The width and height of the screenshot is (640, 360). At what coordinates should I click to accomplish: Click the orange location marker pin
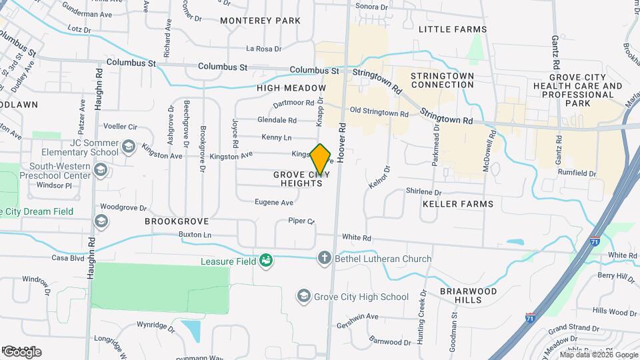321,158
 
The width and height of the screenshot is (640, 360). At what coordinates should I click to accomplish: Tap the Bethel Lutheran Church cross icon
325,258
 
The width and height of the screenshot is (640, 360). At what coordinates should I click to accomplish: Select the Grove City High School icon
304,296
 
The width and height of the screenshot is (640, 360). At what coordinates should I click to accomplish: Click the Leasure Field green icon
266,261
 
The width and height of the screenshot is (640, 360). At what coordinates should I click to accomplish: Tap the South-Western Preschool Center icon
100,171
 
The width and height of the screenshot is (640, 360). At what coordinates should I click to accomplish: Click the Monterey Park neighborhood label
260,21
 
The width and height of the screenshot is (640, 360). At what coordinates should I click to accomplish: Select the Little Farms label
453,29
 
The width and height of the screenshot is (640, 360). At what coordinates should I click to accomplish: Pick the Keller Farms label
458,204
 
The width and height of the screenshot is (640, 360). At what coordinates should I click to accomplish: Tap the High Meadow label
291,88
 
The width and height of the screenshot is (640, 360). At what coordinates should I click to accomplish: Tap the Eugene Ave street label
275,203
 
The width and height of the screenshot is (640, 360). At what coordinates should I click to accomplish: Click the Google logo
21,352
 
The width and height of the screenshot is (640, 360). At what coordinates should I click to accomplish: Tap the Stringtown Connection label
443,80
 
